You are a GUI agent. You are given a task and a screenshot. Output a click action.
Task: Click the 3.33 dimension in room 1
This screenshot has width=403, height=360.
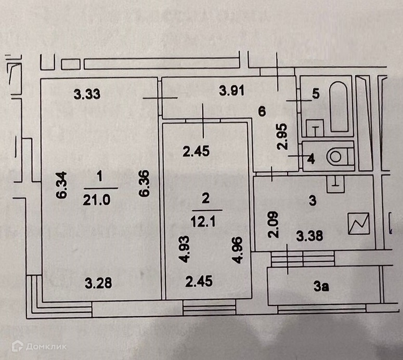click(x=86, y=94)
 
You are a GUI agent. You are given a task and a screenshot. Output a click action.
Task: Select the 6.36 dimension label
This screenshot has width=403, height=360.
click(x=145, y=184)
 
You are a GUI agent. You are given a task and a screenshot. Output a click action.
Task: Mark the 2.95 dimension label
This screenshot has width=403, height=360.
click(x=282, y=136)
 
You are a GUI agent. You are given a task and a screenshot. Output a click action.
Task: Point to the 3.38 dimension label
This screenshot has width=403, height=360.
click(x=309, y=235)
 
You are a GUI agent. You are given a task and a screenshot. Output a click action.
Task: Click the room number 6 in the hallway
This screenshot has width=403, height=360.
click(x=263, y=111)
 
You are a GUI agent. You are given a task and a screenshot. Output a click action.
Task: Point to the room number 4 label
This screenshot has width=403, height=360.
click(x=311, y=159)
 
